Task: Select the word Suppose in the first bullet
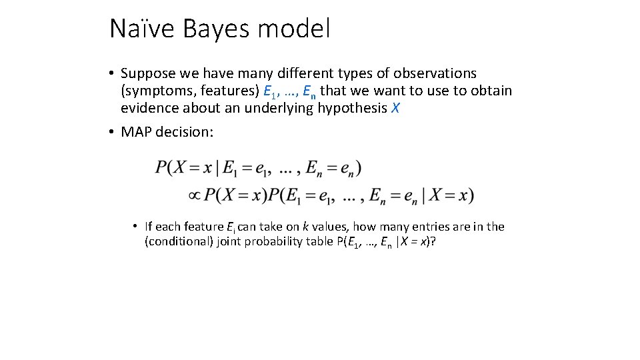tap(147, 73)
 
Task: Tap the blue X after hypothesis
tap(395, 108)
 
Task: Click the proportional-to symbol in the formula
tap(195, 195)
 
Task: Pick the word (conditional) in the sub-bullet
tap(177, 241)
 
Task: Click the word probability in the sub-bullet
tap(273, 241)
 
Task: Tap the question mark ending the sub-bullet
tap(434, 241)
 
